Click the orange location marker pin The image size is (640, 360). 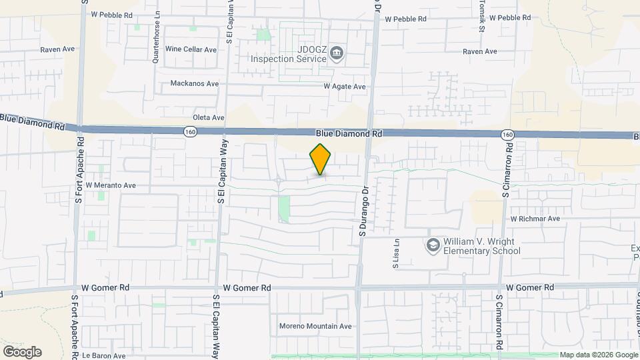click(x=321, y=159)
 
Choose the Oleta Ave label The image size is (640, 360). click(x=208, y=118)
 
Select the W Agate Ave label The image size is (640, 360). click(x=345, y=87)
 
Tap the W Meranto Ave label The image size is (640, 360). click(x=111, y=185)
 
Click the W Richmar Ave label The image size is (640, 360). click(x=535, y=219)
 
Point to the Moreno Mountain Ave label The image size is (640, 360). click(x=315, y=326)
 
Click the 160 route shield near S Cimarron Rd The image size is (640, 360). click(x=508, y=135)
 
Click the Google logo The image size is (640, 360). click(x=22, y=352)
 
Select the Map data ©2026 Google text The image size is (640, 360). click(x=597, y=355)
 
